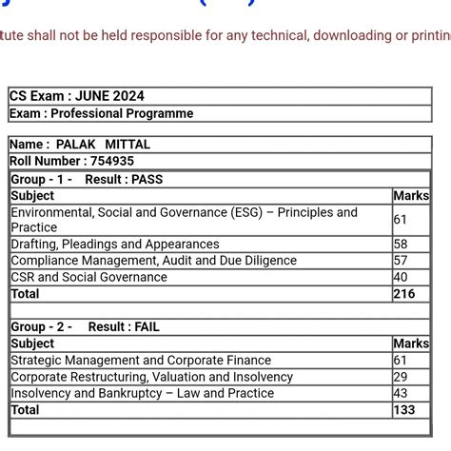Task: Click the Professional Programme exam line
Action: pos(102,113)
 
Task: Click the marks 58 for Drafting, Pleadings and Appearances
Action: pos(401,245)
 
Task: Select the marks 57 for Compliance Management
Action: pos(401,261)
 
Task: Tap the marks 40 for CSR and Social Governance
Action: pos(401,277)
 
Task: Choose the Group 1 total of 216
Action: pos(404,294)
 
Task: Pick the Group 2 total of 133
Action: pos(404,409)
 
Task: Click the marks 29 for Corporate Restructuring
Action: pos(401,377)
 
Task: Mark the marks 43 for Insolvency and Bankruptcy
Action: pos(401,393)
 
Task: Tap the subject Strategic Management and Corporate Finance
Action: pos(141,360)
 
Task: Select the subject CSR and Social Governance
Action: pos(88,277)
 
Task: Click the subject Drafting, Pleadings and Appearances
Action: pos(115,245)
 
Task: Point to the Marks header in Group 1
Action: pos(411,195)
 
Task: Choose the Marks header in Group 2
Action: pos(411,343)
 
